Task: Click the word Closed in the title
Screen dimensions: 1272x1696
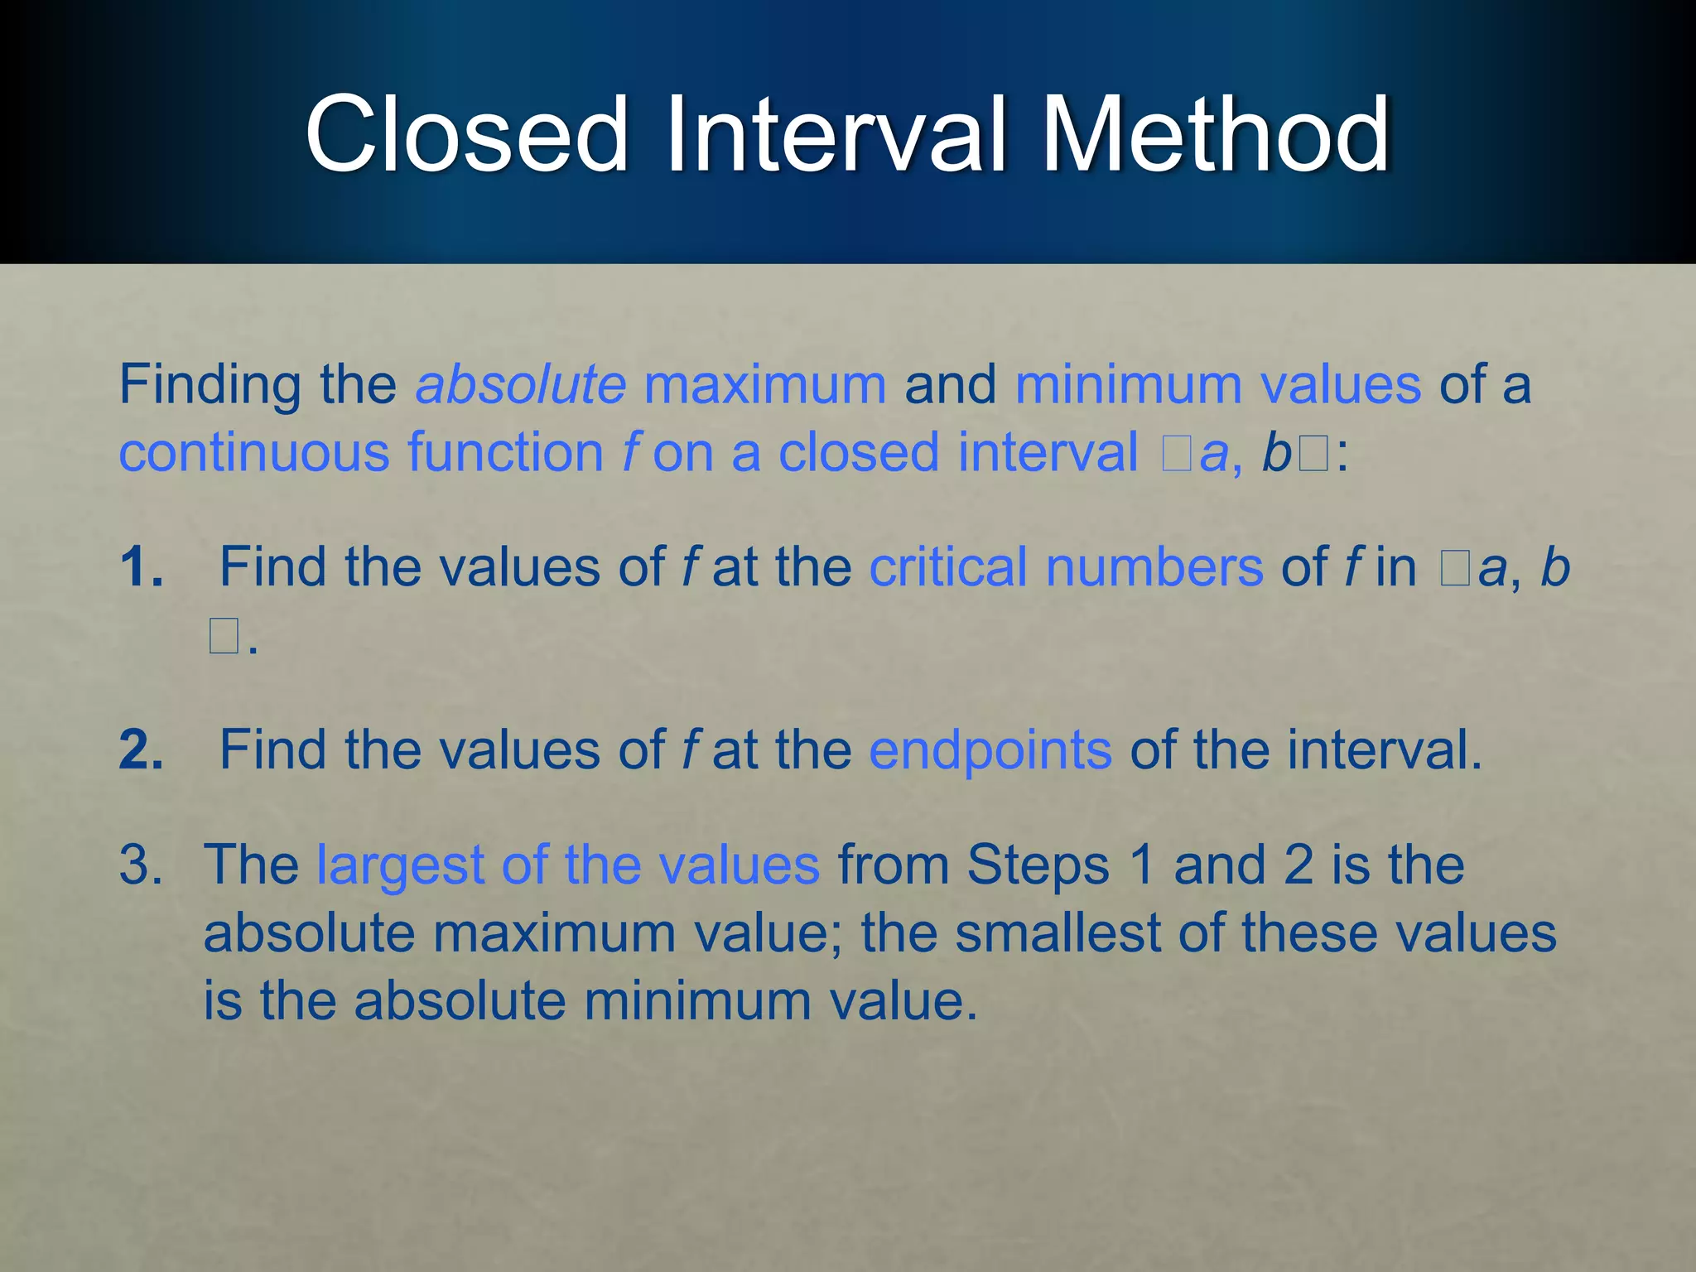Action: [x=467, y=134]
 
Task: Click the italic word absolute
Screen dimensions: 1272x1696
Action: [x=521, y=384]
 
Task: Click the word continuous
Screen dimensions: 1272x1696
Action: [x=254, y=452]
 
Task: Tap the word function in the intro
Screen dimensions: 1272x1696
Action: [x=505, y=452]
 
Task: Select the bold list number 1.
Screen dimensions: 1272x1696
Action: [x=142, y=567]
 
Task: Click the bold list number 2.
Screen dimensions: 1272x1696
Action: [x=142, y=750]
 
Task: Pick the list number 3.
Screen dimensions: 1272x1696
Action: [x=141, y=865]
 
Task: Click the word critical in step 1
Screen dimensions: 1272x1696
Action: [x=947, y=567]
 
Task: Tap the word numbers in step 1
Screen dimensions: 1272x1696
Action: [x=1154, y=567]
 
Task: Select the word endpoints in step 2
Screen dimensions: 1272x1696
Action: [x=990, y=750]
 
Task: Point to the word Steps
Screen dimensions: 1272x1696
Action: [x=1038, y=865]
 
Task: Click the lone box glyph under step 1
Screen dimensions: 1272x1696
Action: [x=224, y=637]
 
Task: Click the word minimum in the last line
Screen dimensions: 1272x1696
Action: [x=697, y=1000]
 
